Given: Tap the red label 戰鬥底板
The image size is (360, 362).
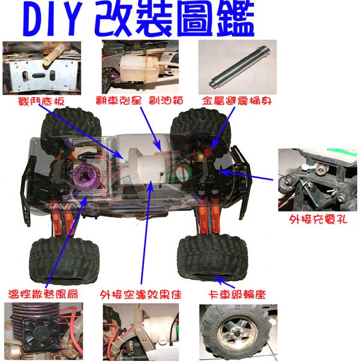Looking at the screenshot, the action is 41,101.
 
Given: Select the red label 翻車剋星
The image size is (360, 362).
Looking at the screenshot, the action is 119,101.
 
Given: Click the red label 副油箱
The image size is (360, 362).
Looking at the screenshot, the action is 166,101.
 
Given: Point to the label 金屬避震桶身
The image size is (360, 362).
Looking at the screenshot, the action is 236,101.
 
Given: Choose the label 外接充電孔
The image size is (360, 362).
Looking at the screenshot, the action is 318,219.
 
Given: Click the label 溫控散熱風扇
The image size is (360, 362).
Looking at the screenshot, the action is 43,294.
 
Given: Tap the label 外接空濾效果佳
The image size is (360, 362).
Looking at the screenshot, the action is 141,295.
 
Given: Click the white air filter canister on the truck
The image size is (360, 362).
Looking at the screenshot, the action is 148,166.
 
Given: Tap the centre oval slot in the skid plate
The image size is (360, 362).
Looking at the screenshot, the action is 38,76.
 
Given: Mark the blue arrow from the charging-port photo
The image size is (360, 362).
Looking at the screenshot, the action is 245,175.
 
